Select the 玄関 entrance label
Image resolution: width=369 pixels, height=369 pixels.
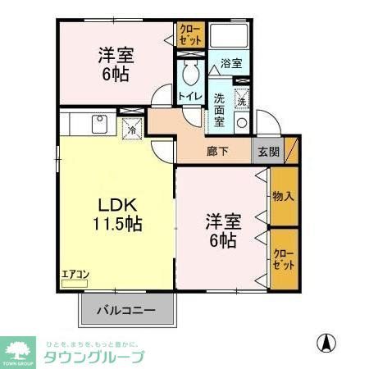pyautogui.click(x=267, y=151)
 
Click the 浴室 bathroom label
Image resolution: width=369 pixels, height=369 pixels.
pyautogui.click(x=230, y=63)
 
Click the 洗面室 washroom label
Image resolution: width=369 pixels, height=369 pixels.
pyautogui.click(x=220, y=109)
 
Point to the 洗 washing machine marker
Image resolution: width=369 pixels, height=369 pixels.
pyautogui.click(x=243, y=102)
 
